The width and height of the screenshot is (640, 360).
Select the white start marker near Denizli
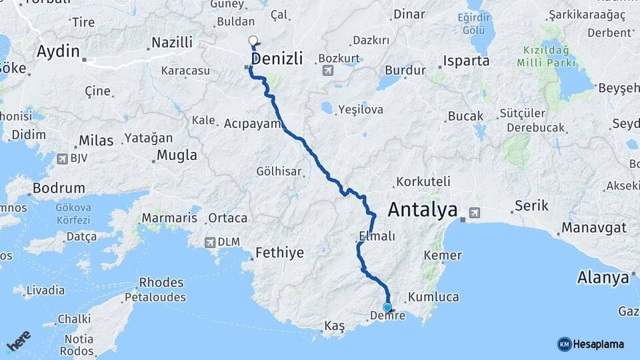(253, 41)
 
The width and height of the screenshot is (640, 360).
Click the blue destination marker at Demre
(387, 307)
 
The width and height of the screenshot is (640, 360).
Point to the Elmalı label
(377, 236)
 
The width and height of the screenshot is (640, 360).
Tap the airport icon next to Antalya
(474, 213)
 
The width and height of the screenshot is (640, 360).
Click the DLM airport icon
(211, 243)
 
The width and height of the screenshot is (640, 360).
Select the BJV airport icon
(63, 159)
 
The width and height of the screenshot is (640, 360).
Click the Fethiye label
(279, 253)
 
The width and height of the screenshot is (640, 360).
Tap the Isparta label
(467, 61)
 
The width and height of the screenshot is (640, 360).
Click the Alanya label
(603, 277)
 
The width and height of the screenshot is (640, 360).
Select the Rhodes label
(161, 282)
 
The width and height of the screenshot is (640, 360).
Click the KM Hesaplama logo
(591, 344)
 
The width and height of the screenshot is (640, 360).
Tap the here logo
(19, 341)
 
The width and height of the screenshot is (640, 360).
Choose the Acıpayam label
(251, 123)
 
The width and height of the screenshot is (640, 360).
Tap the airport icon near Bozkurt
(328, 71)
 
